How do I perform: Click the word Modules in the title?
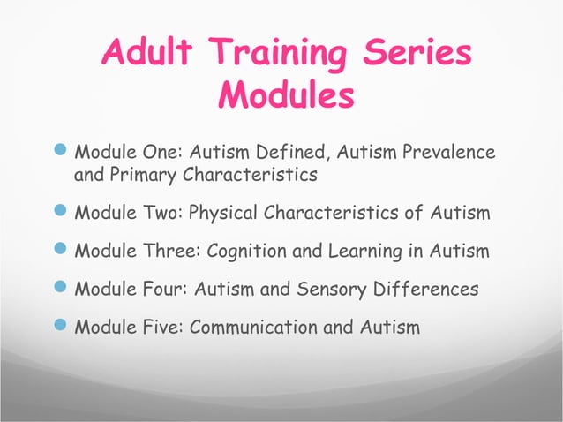pos(286,94)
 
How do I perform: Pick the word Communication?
pos(244,327)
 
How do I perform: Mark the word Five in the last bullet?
pos(162,327)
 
